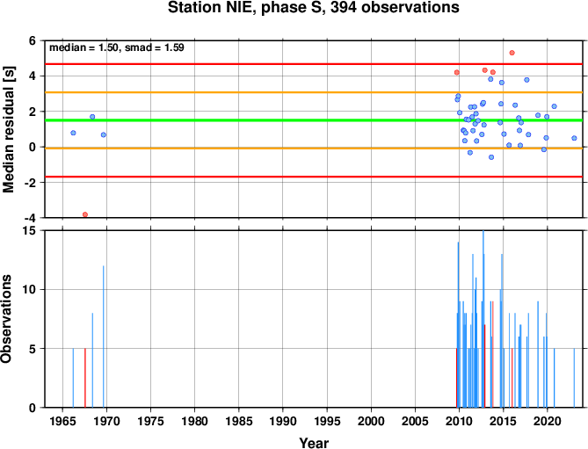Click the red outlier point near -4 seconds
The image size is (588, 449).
point(85,214)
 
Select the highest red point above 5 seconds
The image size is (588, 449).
point(512,53)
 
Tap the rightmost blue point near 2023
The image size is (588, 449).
point(574,138)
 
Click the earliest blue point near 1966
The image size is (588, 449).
point(73,133)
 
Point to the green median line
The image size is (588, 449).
point(314,120)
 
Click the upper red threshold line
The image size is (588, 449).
point(314,64)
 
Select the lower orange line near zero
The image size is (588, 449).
point(314,148)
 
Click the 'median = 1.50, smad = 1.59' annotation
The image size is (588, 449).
point(117,47)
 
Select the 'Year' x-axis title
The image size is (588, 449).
point(314,443)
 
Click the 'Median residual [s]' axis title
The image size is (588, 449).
point(8,130)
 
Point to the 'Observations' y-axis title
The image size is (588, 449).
point(6,319)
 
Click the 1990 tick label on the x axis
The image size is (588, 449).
point(283,421)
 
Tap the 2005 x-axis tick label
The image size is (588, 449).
point(415,421)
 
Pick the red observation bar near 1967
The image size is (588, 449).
point(85,378)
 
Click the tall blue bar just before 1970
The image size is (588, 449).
point(104,337)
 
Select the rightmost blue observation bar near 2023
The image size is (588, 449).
point(574,378)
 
